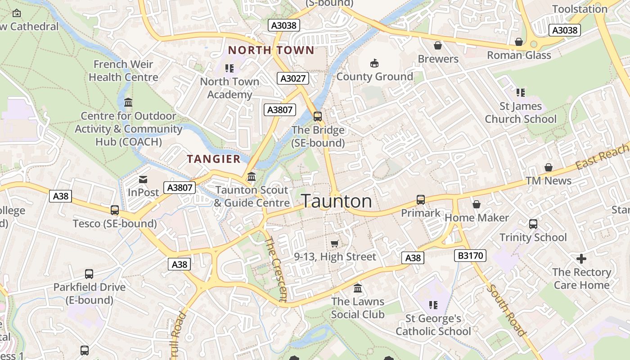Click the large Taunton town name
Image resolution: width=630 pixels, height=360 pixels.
[336, 201]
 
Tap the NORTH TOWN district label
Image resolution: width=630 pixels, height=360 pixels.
[271, 50]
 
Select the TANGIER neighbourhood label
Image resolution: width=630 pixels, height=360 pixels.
[214, 159]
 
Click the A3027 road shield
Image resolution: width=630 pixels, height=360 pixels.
[293, 78]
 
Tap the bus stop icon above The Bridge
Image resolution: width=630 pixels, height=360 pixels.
[318, 117]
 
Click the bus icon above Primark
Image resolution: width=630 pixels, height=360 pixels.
[421, 199]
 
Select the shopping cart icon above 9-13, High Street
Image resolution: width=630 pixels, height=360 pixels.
[334, 243]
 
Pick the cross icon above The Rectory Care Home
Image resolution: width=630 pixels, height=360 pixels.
[581, 259]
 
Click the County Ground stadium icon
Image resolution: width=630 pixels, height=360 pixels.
[374, 63]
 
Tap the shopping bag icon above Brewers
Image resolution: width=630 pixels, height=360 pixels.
[437, 45]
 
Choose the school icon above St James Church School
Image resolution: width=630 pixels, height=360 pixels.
[521, 93]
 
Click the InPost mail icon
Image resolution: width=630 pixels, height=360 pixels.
[143, 180]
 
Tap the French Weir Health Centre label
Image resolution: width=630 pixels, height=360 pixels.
[123, 71]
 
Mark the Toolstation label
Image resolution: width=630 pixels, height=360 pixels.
[580, 9]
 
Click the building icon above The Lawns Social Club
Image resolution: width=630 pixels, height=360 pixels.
[358, 288]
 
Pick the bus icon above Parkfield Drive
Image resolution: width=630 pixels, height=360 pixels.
[89, 274]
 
